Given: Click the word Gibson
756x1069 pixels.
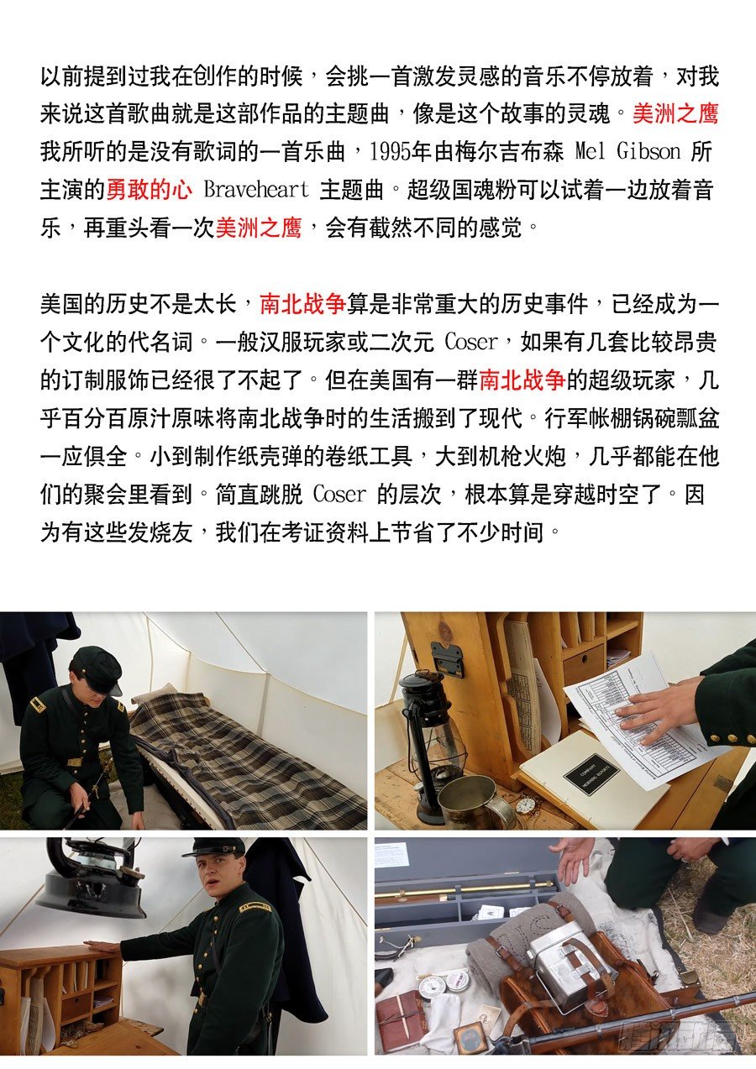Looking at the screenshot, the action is click(x=648, y=152).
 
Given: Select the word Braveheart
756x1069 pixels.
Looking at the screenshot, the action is click(x=256, y=190).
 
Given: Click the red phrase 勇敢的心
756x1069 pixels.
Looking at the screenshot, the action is click(x=150, y=190).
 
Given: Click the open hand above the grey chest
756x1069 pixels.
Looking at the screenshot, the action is click(x=580, y=864).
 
